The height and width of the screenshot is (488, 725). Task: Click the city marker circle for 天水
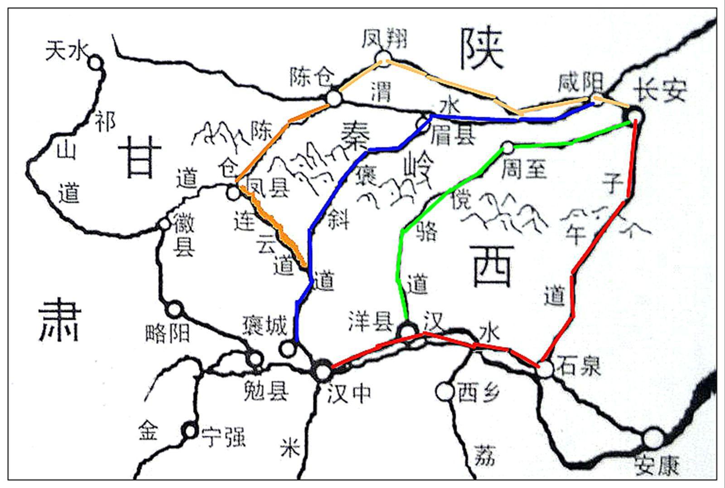(x=96, y=63)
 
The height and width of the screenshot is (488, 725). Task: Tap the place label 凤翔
(x=384, y=39)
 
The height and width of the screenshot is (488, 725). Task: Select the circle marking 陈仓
(x=333, y=97)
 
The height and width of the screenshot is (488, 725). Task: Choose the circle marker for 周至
(x=508, y=147)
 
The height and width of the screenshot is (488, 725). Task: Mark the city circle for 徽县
(x=164, y=224)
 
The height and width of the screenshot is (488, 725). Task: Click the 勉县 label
(x=266, y=390)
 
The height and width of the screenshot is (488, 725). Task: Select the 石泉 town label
(x=580, y=365)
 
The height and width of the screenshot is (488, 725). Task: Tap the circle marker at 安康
(x=653, y=438)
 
